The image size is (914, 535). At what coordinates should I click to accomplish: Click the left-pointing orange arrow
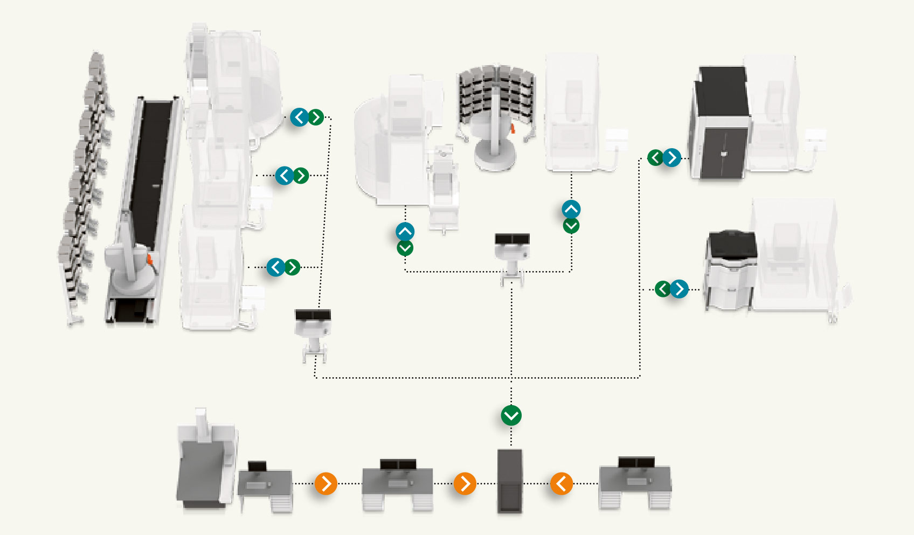(561, 483)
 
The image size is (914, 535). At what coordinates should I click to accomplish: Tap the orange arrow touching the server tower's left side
(465, 483)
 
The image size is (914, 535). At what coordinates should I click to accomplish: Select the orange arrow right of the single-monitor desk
(326, 483)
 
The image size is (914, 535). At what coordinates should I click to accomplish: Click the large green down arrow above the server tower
(511, 415)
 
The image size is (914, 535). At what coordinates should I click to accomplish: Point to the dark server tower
(509, 481)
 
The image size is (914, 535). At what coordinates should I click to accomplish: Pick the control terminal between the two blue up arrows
(511, 253)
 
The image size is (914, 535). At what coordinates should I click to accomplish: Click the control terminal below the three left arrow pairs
(313, 331)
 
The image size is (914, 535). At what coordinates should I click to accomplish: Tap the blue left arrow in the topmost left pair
(299, 117)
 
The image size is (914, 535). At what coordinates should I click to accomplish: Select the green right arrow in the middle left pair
(301, 175)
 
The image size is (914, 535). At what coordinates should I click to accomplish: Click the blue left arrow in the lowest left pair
(275, 267)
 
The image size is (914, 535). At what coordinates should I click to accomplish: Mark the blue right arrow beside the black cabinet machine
(671, 157)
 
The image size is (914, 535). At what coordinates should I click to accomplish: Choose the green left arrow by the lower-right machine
(662, 289)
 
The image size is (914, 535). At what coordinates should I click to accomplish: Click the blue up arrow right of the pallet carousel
(571, 209)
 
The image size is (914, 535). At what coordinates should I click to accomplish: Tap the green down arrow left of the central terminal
(405, 248)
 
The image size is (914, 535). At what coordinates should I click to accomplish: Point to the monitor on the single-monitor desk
(257, 467)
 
